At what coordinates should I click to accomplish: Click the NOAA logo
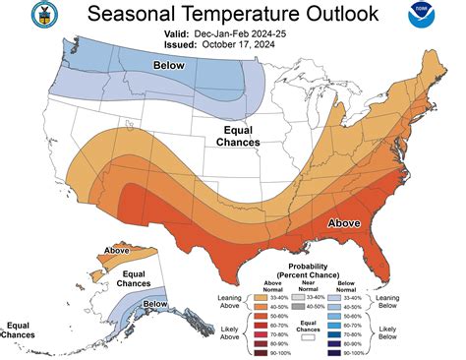point(429,21)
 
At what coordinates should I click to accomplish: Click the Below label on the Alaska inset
point(155,304)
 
